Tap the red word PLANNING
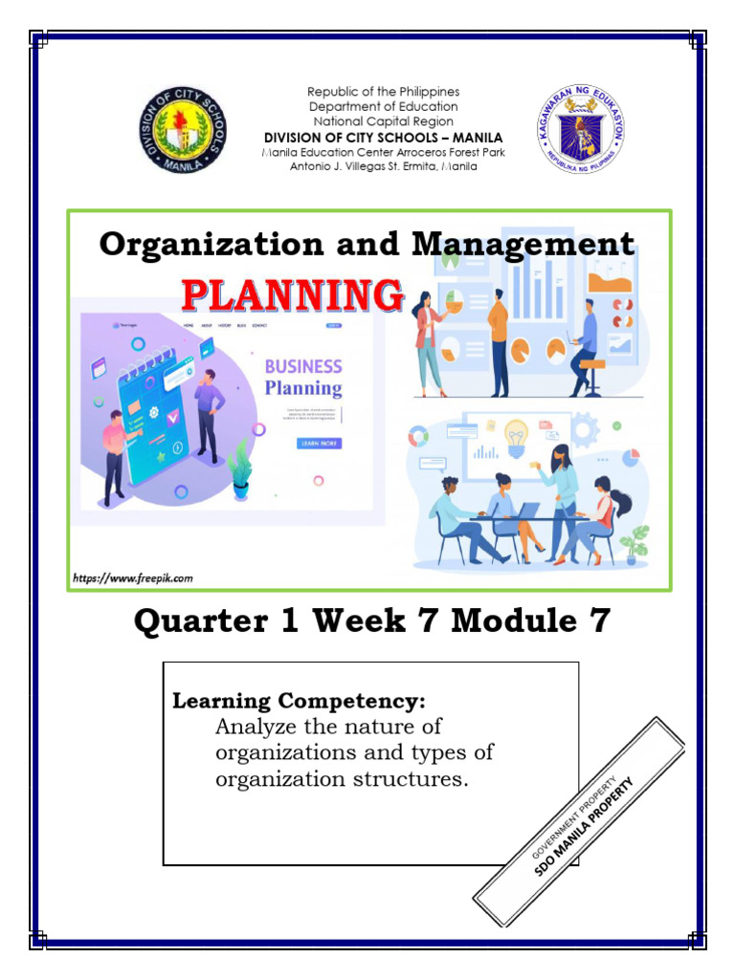[292, 295]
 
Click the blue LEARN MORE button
[319, 444]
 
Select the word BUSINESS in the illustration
[302, 366]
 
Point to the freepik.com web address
[133, 578]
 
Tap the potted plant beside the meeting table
[635, 544]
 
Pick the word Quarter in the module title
[201, 622]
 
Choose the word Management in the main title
[523, 245]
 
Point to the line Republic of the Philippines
[383, 92]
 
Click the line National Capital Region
[383, 122]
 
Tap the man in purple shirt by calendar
[209, 410]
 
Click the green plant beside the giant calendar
[240, 468]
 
